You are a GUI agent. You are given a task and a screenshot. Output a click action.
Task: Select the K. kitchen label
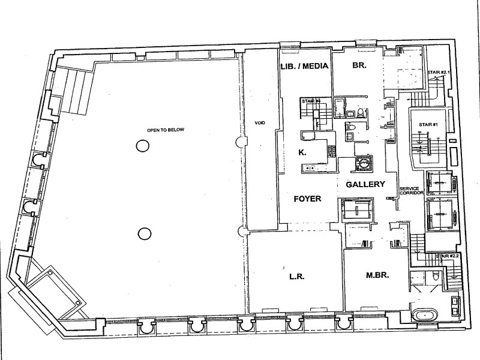click(x=302, y=153)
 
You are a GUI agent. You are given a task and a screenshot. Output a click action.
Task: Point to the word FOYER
click(x=308, y=199)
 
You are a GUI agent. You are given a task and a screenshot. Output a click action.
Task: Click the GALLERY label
click(x=365, y=185)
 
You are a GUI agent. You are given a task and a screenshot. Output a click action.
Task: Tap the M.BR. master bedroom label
click(x=378, y=277)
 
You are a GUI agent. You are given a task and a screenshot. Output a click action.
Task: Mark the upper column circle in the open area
click(x=142, y=145)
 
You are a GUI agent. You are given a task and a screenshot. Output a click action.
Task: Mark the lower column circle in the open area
click(x=143, y=233)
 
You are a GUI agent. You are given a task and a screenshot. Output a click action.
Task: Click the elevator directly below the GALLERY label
click(x=358, y=209)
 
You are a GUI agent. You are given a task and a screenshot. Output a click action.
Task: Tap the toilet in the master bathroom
click(x=434, y=275)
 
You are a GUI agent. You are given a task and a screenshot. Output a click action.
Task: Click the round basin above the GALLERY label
click(x=363, y=161)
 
